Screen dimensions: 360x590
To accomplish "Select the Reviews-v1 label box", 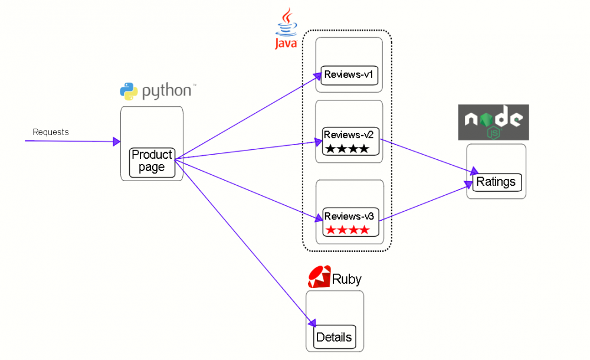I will tap(350, 75).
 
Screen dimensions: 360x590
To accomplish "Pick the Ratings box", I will tap(496, 182).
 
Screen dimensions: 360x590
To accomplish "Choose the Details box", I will tap(334, 338).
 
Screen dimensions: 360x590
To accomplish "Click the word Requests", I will tap(51, 132).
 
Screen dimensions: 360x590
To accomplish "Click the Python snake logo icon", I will tap(129, 91).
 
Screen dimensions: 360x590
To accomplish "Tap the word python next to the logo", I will tap(167, 91).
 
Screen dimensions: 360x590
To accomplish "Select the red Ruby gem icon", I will tap(319, 277).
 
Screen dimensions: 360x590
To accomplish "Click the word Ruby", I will tap(347, 279).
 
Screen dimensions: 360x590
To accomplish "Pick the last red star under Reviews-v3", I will tap(365, 230).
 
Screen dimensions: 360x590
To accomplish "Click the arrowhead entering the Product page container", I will tap(116, 142).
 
